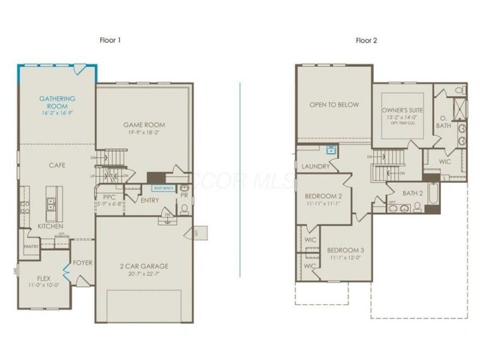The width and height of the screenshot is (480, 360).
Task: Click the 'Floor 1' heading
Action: tap(110, 40)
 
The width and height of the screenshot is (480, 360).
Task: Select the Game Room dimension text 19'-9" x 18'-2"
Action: tap(145, 133)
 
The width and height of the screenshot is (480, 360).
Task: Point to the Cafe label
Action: tap(58, 165)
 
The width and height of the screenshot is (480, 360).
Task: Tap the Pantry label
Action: tap(31, 246)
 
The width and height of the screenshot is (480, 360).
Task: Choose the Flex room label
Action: tap(44, 278)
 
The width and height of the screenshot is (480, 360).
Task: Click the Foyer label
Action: tap(82, 263)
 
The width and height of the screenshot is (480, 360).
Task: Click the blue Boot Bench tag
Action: tap(163, 188)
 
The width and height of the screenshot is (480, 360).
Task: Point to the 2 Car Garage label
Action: tap(145, 266)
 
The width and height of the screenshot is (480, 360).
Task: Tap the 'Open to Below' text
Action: tap(334, 105)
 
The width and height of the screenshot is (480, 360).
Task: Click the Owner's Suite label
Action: tap(403, 111)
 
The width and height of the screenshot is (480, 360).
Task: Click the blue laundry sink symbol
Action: tap(330, 151)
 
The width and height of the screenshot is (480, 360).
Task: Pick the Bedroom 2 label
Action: tap(323, 196)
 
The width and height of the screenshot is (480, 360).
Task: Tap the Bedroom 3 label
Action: tap(346, 250)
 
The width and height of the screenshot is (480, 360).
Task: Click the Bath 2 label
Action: tap(413, 193)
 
